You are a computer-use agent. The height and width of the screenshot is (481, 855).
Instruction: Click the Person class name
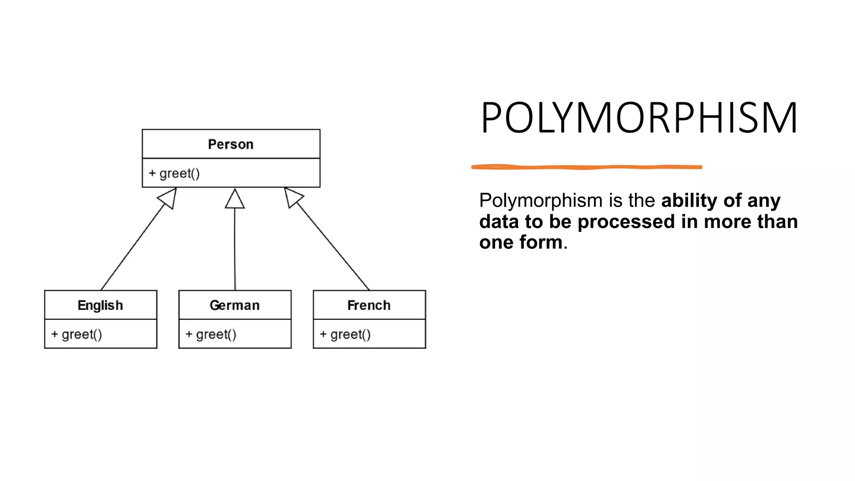point(230,144)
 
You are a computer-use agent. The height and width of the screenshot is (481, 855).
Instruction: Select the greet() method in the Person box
point(180,173)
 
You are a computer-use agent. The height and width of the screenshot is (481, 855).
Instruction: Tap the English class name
point(100,305)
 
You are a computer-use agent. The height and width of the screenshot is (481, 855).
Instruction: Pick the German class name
point(235,305)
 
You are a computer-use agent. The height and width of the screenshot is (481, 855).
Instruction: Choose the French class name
point(369,305)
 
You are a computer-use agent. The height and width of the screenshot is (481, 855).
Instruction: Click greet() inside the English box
point(82,334)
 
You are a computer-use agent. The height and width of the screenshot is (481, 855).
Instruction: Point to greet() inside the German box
point(216,334)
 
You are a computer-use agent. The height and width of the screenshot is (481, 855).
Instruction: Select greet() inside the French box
point(351,334)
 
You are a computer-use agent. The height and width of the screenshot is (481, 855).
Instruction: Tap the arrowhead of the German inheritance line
point(235,199)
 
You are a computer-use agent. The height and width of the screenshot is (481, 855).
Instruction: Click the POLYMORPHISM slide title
point(639,118)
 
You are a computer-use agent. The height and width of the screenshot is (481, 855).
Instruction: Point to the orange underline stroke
point(587,167)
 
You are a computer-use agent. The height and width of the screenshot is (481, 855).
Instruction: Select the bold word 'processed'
point(626,222)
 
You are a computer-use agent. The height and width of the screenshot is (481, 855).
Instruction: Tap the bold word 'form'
point(541,243)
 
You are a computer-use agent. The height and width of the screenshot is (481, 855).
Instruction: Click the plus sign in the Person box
point(152,173)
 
